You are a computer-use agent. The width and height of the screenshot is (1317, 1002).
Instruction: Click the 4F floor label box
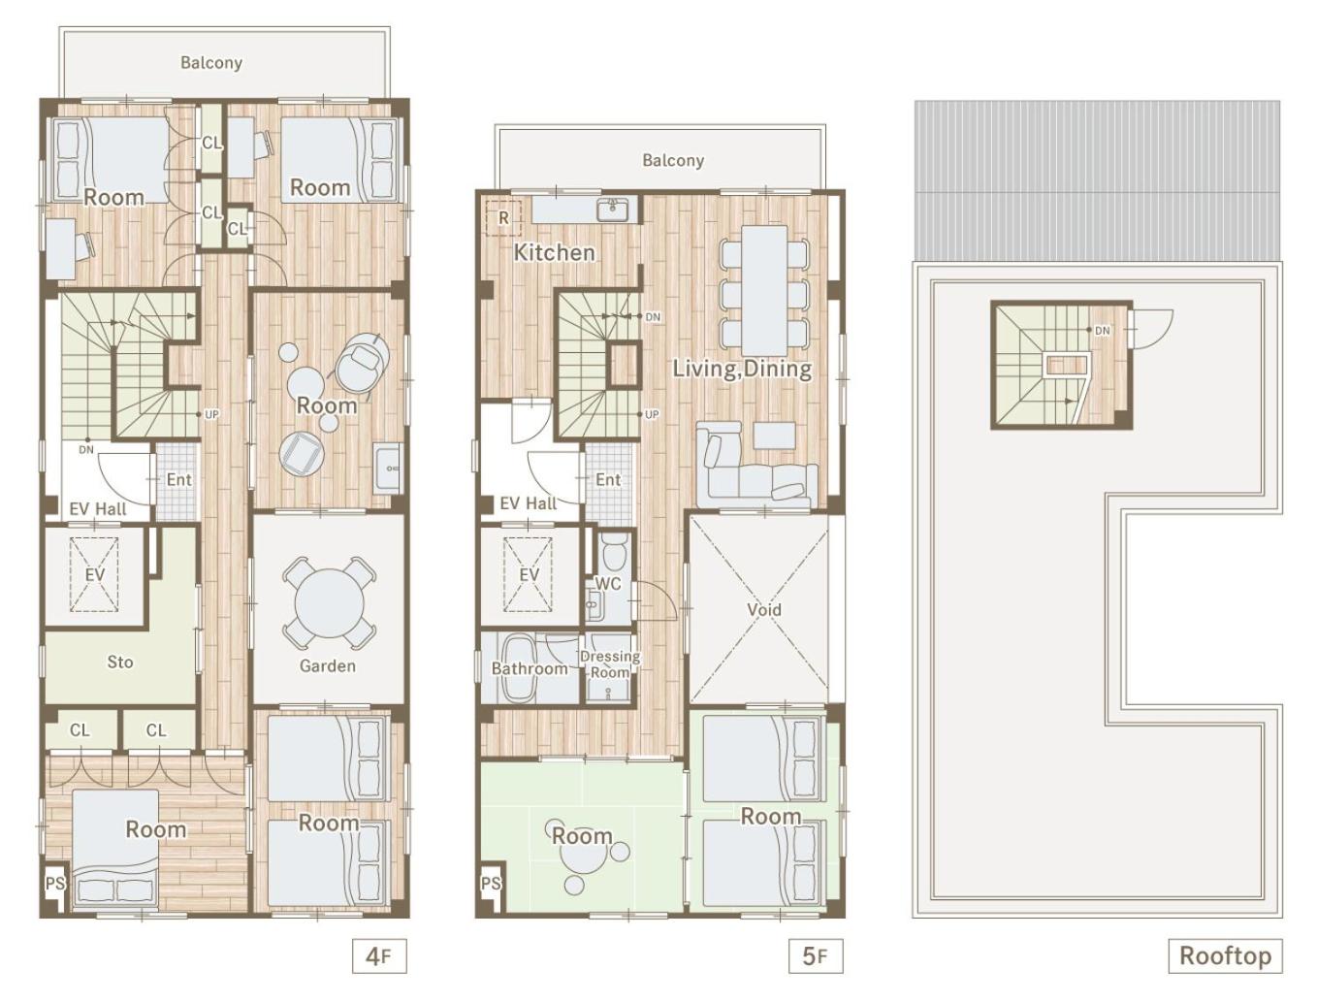(378, 955)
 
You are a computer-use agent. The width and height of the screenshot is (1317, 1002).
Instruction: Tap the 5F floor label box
(816, 955)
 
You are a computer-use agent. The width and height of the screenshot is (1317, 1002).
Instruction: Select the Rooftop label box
(1225, 955)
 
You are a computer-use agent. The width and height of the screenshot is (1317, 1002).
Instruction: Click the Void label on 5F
(764, 609)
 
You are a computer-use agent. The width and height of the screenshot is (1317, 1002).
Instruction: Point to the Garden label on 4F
(328, 666)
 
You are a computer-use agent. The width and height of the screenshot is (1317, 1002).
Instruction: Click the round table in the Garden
(329, 602)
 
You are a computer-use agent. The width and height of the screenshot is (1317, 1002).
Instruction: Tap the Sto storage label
(120, 662)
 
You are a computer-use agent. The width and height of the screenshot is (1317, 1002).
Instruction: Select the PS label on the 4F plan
(55, 884)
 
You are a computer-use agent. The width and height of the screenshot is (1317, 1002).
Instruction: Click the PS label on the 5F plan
(491, 884)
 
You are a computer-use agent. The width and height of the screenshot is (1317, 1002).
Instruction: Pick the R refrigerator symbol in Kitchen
(503, 218)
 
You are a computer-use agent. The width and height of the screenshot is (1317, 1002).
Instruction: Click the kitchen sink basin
(612, 210)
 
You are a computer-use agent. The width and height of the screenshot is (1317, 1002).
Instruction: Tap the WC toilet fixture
(613, 551)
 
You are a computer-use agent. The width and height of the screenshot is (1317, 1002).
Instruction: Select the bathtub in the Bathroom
(519, 669)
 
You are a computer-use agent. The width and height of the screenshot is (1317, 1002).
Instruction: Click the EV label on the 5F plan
(529, 575)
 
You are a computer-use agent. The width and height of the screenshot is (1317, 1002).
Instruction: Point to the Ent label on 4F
(178, 479)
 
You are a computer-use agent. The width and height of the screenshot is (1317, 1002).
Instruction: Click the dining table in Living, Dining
(764, 290)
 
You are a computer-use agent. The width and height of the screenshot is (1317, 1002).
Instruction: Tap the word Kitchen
(555, 252)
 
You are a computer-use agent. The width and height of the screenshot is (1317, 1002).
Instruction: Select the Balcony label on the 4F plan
(211, 62)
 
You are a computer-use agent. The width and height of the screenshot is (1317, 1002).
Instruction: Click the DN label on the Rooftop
(1103, 331)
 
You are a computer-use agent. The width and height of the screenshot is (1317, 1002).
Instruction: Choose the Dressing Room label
(610, 664)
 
